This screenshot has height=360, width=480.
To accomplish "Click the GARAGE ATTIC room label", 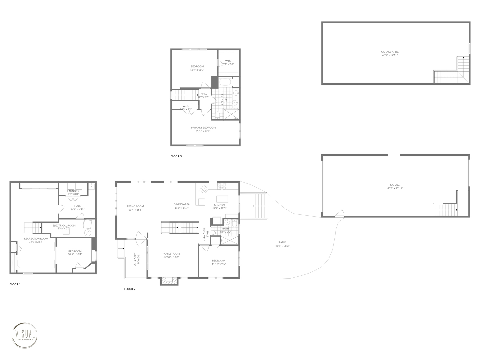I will (390, 52).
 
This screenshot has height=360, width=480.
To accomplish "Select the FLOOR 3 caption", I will (176, 156).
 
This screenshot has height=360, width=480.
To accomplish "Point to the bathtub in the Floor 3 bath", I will (225, 82).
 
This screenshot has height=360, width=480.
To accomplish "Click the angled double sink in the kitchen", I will (203, 189).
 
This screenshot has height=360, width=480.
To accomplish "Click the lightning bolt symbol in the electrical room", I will (88, 232).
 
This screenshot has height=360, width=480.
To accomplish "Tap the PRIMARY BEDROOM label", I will (203, 128).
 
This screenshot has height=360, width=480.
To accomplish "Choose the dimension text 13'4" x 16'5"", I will (135, 210).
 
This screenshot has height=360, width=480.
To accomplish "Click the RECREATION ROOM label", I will (36, 239).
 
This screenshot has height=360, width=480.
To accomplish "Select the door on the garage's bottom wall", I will (340, 214).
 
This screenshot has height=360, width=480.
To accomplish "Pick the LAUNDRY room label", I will (73, 191).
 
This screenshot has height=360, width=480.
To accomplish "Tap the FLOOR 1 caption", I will (15, 284).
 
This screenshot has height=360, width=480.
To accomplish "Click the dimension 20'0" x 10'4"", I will (203, 131).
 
